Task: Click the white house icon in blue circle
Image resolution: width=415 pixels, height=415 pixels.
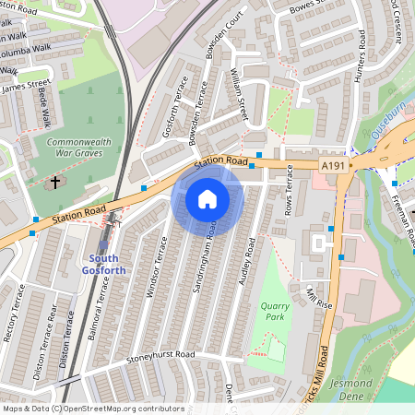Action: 207,199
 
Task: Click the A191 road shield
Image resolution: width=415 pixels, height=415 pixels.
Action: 335,164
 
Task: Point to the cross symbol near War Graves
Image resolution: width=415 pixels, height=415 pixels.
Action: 54,182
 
